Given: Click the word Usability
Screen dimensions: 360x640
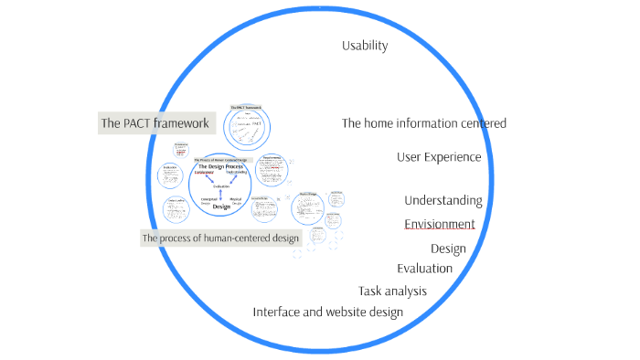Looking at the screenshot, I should [x=365, y=46].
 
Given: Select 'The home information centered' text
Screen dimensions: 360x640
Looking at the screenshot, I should [x=423, y=123].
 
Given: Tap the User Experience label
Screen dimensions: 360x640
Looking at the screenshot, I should [x=439, y=157].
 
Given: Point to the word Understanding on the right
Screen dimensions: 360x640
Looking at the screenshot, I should [x=443, y=201].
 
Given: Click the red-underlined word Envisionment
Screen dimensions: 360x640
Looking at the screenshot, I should [x=440, y=224].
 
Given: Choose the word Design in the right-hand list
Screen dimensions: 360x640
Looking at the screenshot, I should [x=448, y=249].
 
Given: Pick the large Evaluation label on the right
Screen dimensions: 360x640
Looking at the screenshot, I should [x=424, y=269].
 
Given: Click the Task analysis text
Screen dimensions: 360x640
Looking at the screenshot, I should [x=392, y=291].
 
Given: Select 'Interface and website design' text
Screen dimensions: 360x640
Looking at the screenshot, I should [x=327, y=312].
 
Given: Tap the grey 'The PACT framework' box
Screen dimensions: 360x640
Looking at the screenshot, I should [x=155, y=123].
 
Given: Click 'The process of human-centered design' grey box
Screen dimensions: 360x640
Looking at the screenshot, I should [x=220, y=238].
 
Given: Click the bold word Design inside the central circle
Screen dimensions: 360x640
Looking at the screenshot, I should [x=220, y=207].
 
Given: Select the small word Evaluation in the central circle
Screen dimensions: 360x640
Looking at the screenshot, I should [x=219, y=185].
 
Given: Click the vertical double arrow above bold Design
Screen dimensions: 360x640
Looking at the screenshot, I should [x=219, y=196].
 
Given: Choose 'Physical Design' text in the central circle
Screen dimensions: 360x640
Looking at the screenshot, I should [x=237, y=200].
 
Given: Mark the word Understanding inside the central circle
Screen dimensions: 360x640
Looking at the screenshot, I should [x=236, y=173].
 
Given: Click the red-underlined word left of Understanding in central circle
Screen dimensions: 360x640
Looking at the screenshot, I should [x=202, y=173].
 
